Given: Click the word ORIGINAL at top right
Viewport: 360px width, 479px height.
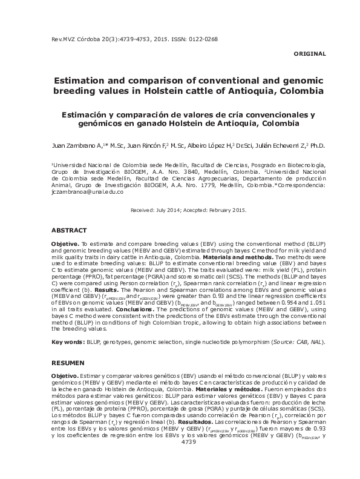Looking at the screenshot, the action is pos(309,54).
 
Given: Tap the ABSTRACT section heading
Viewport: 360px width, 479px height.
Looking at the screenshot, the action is pos(68,231).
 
